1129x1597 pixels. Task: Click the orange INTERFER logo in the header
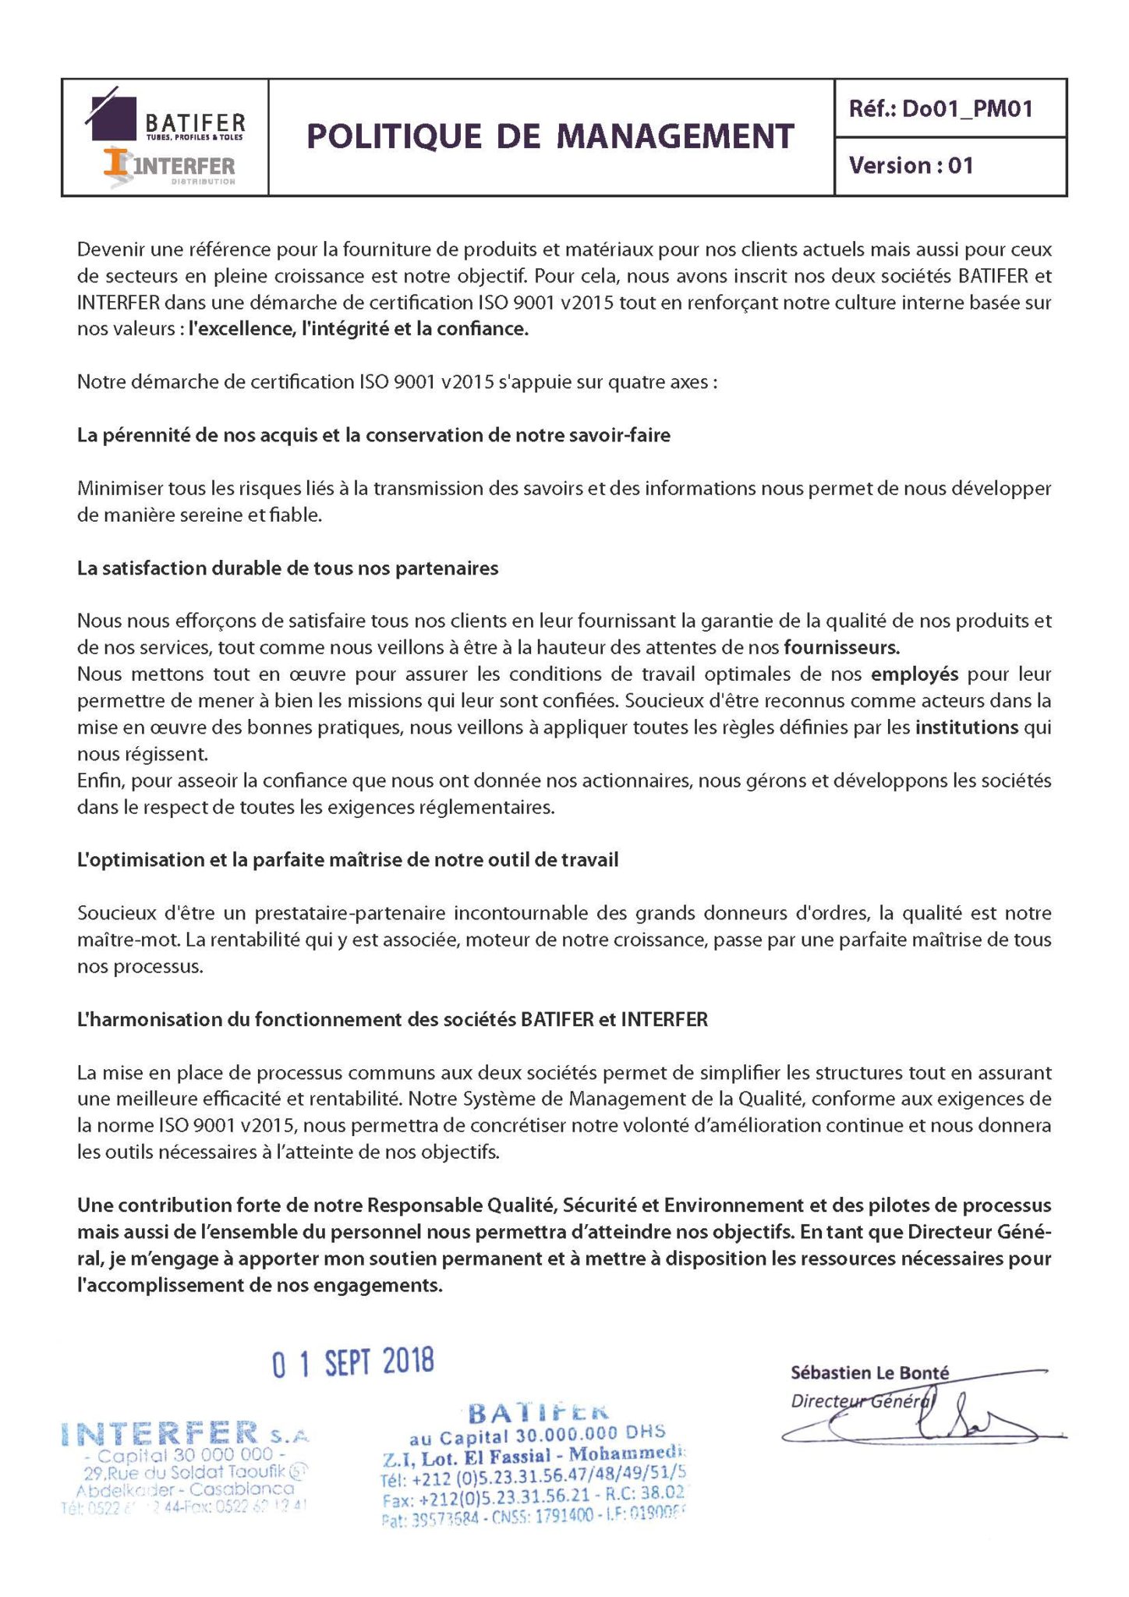[169, 165]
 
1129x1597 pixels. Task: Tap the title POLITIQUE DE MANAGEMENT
[550, 136]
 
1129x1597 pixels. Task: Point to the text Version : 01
[911, 165]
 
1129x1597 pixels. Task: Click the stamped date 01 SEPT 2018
[352, 1362]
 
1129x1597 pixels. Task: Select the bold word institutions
[966, 727]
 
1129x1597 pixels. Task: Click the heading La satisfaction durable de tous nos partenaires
[287, 568]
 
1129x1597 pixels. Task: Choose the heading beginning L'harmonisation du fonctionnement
[392, 1019]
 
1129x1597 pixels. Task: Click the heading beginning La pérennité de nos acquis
[373, 435]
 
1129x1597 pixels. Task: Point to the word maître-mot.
[129, 939]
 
